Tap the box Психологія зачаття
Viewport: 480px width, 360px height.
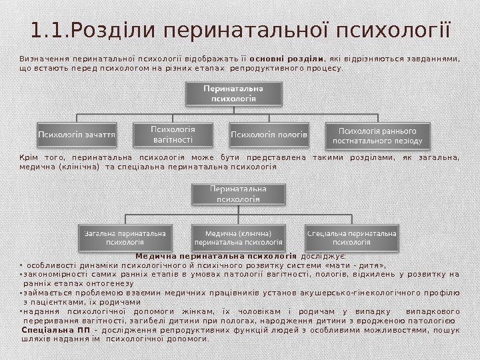pyautogui.click(x=77, y=134)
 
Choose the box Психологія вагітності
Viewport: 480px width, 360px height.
pyautogui.click(x=173, y=134)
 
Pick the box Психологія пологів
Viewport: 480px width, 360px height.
pyautogui.click(x=269, y=134)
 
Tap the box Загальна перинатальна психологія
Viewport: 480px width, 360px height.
pyautogui.click(x=124, y=238)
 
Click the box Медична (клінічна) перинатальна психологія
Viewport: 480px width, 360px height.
pyautogui.click(x=238, y=238)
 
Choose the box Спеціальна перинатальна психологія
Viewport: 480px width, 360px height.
pyautogui.click(x=351, y=238)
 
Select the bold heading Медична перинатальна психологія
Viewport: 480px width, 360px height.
pyautogui.click(x=215, y=255)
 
